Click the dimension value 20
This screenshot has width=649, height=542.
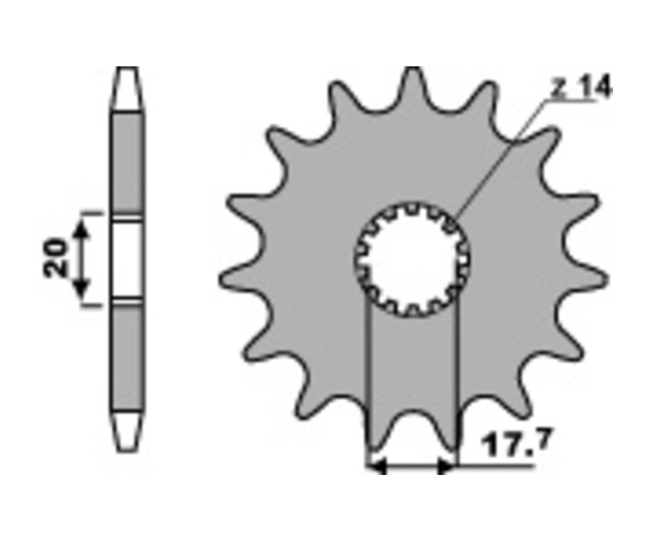[56, 257]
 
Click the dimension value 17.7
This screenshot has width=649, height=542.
[516, 443]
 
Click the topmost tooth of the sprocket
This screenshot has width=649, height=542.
[412, 85]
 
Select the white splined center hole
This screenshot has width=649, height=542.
[412, 260]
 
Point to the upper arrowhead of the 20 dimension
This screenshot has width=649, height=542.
[82, 227]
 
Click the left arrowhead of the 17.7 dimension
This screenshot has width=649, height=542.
[376, 468]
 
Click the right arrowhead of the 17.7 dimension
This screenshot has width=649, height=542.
[447, 468]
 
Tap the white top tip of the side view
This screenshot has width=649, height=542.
[127, 88]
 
